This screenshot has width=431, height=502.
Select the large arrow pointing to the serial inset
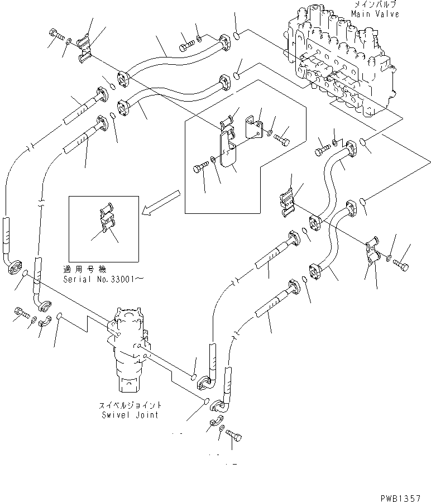coord(160,202)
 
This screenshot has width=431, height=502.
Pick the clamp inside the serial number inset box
coord(106,221)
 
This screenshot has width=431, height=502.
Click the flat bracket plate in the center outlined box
coord(229,151)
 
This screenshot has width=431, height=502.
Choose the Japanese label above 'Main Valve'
coord(375,5)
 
